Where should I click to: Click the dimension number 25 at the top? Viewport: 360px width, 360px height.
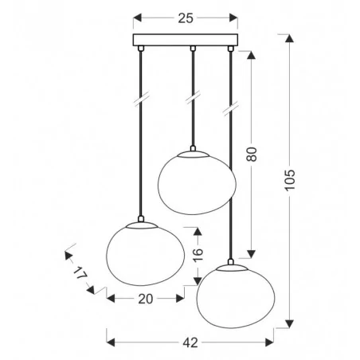(x=187, y=18)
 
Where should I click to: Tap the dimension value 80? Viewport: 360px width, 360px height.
(x=252, y=152)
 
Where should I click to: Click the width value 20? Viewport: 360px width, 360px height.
(x=143, y=299)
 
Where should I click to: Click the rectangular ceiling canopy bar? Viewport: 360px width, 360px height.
(x=187, y=41)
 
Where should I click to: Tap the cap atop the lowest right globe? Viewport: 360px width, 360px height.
(x=231, y=264)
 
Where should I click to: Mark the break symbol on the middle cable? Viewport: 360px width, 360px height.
(x=192, y=101)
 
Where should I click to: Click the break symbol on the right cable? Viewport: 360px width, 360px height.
(x=231, y=104)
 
